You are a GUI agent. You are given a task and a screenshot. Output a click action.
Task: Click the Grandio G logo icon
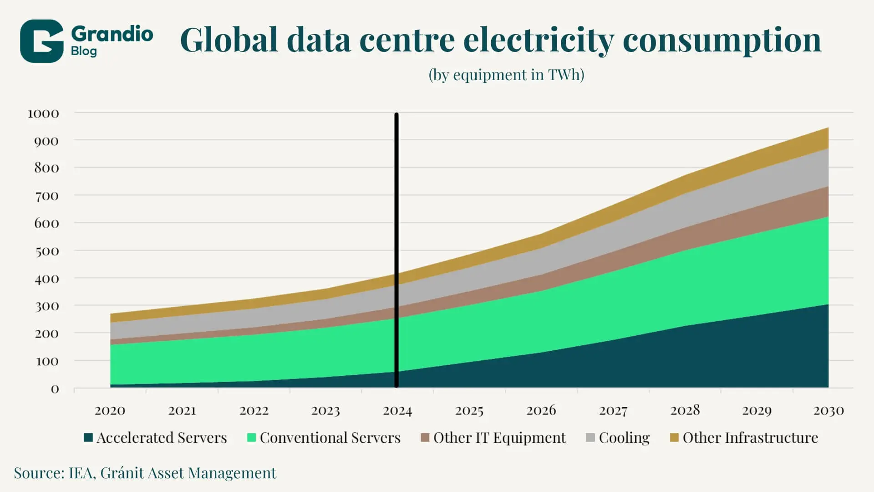tap(41, 41)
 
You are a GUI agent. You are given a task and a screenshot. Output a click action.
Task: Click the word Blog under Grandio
tap(84, 51)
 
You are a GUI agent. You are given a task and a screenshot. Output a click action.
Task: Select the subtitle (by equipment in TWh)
tap(506, 75)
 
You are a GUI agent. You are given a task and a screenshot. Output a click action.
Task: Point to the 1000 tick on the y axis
tap(43, 113)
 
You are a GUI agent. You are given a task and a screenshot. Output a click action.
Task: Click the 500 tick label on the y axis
tap(47, 251)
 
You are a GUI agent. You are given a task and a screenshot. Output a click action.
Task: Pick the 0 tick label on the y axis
tap(55, 389)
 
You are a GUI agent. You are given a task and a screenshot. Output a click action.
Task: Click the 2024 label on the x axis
tap(397, 411)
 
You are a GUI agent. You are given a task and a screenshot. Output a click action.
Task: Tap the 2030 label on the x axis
tap(828, 411)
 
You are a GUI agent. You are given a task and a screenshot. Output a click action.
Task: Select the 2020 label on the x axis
tap(110, 411)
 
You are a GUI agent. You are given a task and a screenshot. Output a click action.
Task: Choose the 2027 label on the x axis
tap(613, 411)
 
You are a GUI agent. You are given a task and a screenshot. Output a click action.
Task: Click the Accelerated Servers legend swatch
tap(88, 438)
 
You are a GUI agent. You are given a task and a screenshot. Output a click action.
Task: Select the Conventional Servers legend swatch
tap(251, 438)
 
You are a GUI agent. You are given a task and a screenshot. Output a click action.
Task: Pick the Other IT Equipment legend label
tap(499, 438)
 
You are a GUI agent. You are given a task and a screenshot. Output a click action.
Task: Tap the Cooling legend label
tap(624, 438)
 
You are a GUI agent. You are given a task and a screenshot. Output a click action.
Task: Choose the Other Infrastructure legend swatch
tap(674, 438)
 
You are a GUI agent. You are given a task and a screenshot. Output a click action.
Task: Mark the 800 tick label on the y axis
tap(46, 168)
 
